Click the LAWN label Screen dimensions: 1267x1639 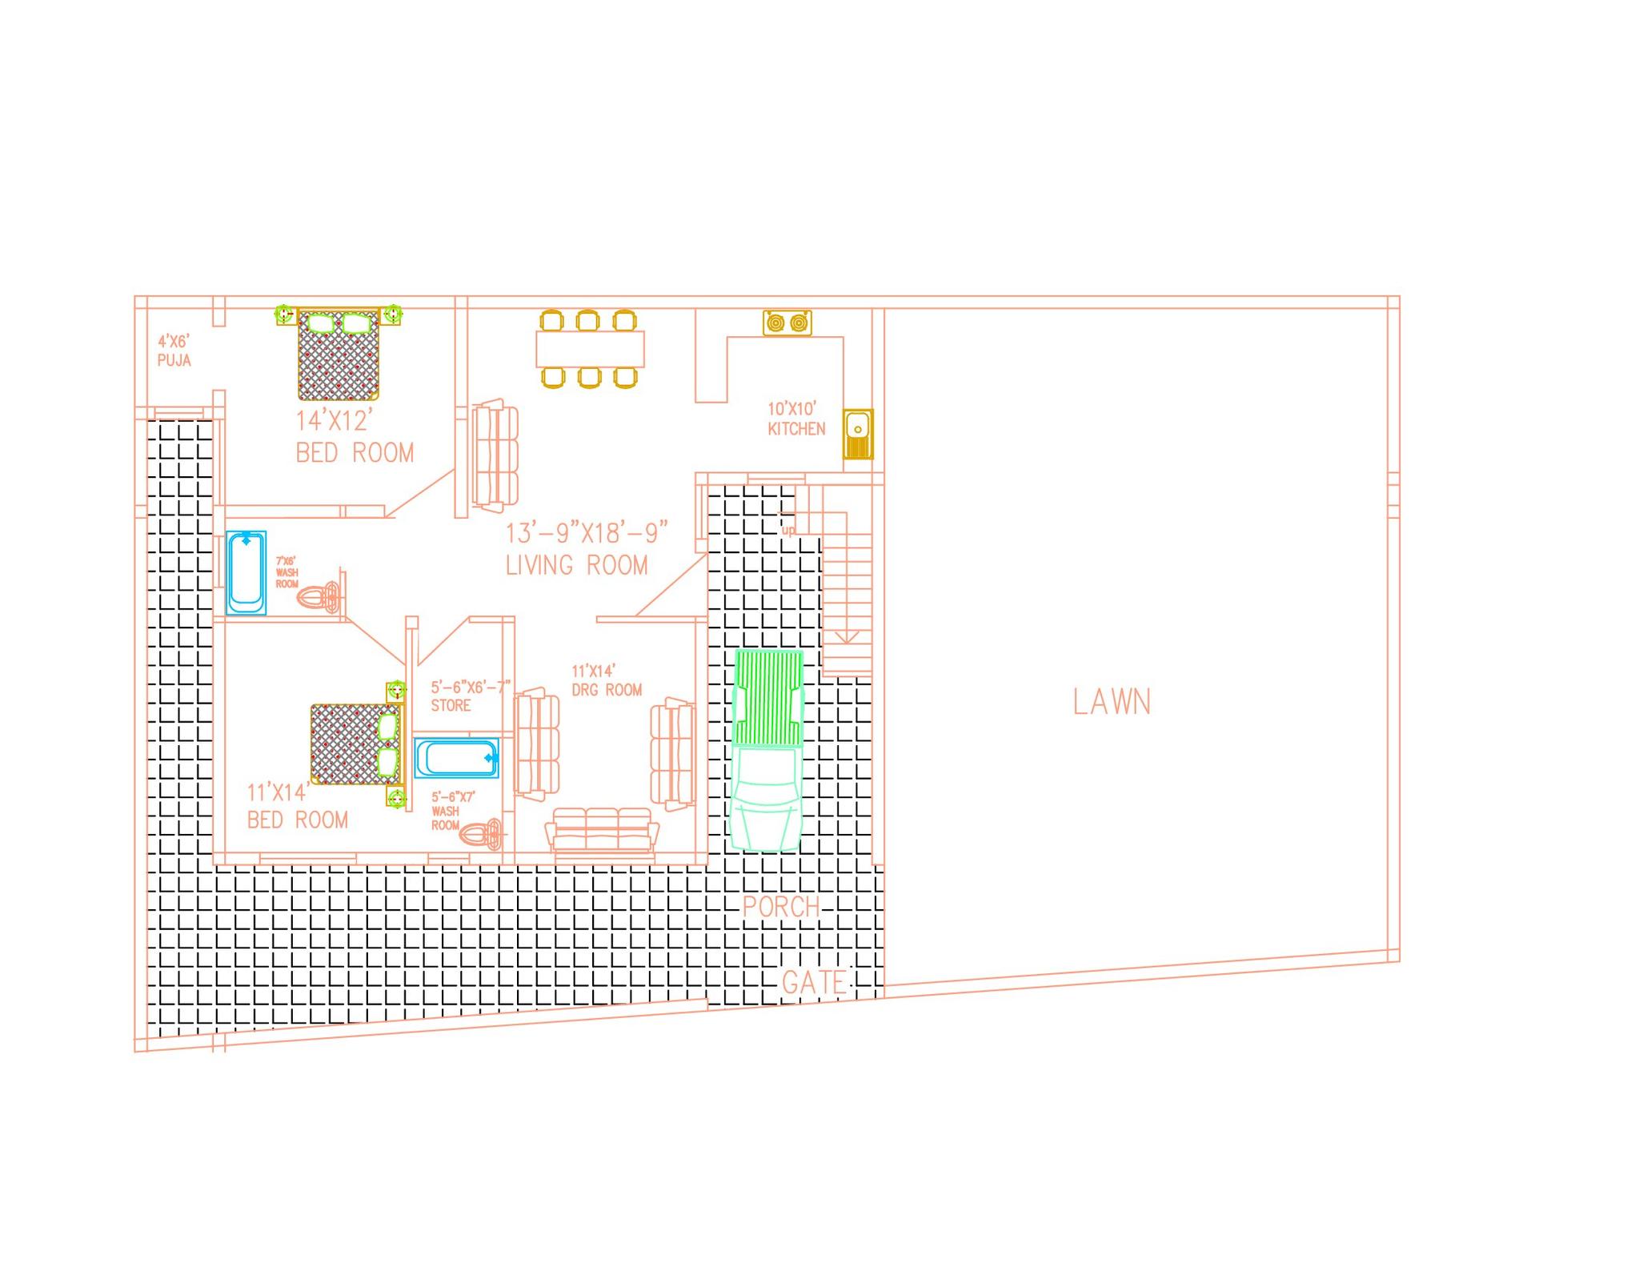(1112, 702)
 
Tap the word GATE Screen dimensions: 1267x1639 (813, 983)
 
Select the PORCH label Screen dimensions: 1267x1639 (781, 907)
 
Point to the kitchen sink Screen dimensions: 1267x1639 (858, 434)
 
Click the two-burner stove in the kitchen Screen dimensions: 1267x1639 (787, 323)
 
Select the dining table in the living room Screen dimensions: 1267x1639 (590, 349)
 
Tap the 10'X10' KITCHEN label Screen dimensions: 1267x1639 (795, 419)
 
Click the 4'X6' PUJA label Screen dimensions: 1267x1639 (174, 351)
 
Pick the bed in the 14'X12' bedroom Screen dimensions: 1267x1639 (339, 355)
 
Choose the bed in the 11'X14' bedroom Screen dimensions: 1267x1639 (355, 744)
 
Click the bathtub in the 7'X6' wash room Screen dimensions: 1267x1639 (246, 572)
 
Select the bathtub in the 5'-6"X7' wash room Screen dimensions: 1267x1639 (456, 757)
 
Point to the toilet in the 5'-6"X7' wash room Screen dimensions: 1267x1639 (482, 834)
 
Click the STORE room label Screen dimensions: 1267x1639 (451, 705)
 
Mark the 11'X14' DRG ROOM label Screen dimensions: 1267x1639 (606, 681)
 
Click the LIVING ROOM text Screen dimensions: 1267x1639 (576, 565)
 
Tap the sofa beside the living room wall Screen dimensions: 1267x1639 (495, 456)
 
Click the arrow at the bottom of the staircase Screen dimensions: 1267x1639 (847, 636)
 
